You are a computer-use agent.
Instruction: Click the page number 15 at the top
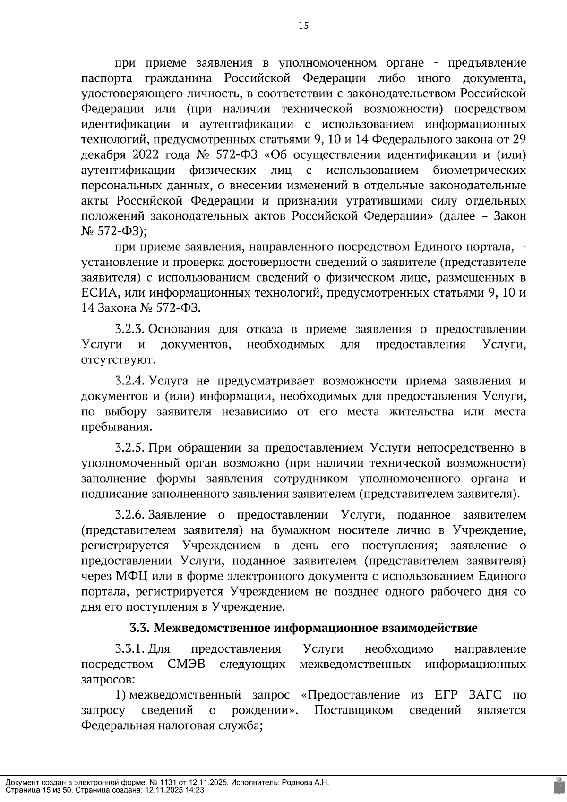304,26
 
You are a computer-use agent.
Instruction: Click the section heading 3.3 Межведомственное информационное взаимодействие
303,628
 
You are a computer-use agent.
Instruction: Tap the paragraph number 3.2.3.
130,329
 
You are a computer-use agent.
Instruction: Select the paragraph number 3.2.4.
130,381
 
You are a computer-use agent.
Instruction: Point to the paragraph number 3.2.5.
130,448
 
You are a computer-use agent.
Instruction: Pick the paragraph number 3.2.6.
130,515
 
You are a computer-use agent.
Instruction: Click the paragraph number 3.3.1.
130,649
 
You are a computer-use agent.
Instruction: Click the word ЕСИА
101,293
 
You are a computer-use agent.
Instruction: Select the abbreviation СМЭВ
186,665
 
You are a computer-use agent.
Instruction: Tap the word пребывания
116,427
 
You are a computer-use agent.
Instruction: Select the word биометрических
479,170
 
